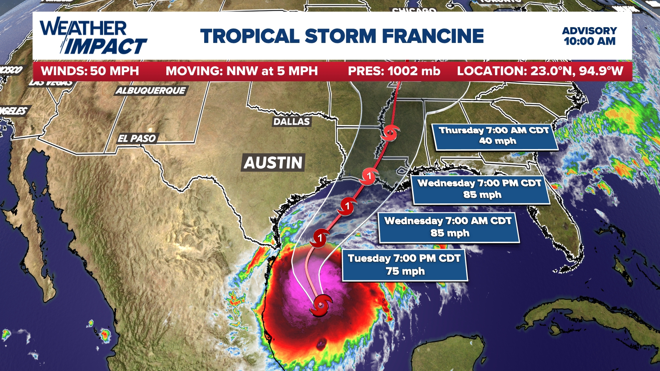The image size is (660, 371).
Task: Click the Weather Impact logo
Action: tap(93, 36)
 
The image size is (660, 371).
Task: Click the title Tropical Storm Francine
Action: tap(342, 36)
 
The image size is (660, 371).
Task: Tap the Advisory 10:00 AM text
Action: tap(589, 36)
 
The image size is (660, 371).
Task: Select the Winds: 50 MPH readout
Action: tap(90, 71)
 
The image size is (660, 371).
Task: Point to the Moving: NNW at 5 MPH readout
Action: tap(242, 71)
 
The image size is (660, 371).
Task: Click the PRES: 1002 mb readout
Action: tap(394, 71)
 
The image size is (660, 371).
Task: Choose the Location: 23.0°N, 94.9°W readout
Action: tap(540, 71)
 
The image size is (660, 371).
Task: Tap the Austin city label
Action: tap(273, 162)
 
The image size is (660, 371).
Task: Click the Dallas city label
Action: tap(291, 122)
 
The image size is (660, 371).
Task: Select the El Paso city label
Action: tap(137, 138)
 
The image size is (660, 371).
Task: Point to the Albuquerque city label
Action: tap(151, 91)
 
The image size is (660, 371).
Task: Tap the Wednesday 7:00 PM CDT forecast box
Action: tap(480, 189)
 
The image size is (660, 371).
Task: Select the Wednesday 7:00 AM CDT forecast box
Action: tap(448, 227)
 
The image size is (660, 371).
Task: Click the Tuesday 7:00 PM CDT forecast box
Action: tap(404, 265)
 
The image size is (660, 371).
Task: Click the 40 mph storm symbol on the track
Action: tap(390, 133)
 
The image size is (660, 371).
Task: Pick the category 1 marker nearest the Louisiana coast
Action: tap(369, 177)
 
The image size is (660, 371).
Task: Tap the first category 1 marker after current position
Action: tap(320, 238)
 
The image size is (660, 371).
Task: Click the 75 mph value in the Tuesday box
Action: tap(405, 271)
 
